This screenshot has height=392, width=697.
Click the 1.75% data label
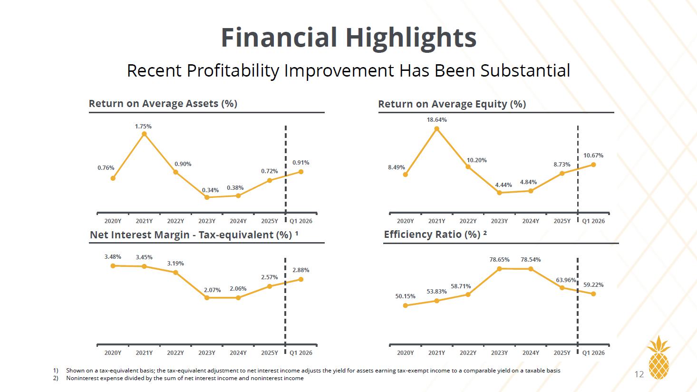[x=143, y=127]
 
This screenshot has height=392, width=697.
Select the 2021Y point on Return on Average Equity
[x=436, y=128]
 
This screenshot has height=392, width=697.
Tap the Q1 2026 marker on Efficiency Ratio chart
[x=593, y=294]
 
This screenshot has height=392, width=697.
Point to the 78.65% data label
[x=499, y=260]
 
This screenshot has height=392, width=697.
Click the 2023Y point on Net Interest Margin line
[x=207, y=298]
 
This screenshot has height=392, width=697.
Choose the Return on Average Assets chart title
[x=163, y=104]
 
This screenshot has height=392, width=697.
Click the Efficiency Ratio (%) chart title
[x=436, y=235]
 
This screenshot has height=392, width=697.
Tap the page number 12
[x=639, y=374]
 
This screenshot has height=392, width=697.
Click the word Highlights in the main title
[x=411, y=38]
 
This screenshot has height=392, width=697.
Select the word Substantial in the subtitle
[x=525, y=70]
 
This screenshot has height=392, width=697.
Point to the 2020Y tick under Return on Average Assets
[x=113, y=221]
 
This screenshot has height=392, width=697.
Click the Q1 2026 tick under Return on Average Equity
[x=593, y=221]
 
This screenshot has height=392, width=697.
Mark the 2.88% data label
[x=301, y=270]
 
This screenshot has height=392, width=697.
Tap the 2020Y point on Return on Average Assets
[x=113, y=178]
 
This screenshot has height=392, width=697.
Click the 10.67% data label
[x=593, y=156]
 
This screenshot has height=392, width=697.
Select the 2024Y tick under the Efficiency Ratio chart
[x=531, y=353]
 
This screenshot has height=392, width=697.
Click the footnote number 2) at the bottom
[x=56, y=378]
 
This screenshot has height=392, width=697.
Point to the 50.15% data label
[x=405, y=296]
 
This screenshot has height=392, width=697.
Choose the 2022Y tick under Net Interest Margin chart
[x=175, y=353]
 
